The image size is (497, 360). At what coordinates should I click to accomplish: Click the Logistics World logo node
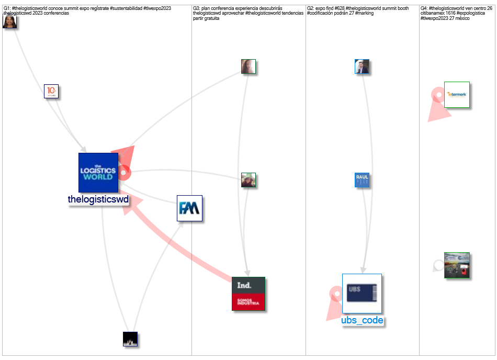[x=98, y=173]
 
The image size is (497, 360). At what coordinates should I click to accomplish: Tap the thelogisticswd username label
[x=98, y=199]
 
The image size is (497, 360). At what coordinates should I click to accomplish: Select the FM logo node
[x=189, y=208]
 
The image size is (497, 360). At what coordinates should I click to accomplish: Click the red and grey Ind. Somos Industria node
[x=249, y=294]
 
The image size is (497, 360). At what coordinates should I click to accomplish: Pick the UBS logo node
[x=362, y=293]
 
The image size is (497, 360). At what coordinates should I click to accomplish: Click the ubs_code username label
[x=362, y=320]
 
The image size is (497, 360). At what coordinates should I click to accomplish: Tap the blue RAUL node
[x=362, y=180]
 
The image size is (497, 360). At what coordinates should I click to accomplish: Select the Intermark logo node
[x=457, y=95]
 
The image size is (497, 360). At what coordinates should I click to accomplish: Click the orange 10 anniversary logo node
[x=51, y=91]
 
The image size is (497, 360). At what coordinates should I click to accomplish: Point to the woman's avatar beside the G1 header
[x=10, y=21]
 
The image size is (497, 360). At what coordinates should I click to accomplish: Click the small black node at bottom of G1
[x=130, y=339]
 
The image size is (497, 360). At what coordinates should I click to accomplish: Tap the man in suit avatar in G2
[x=362, y=66]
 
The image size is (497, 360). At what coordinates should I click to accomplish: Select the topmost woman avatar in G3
[x=249, y=66]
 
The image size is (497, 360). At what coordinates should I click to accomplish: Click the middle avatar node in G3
[x=249, y=180]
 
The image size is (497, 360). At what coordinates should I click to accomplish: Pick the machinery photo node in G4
[x=457, y=265]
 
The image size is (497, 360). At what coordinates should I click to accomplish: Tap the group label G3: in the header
[x=197, y=8]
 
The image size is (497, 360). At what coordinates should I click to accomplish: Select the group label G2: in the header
[x=310, y=8]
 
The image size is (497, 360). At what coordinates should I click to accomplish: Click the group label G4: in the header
[x=424, y=8]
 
